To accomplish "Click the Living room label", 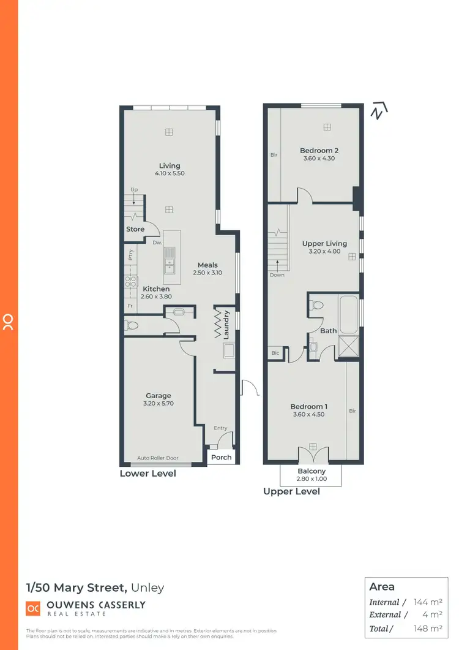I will click(x=170, y=165).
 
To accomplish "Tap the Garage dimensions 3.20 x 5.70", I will click(x=159, y=404).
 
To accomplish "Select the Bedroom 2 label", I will click(x=319, y=150).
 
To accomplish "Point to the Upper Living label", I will click(x=324, y=243).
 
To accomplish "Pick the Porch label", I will click(x=222, y=457).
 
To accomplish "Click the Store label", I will click(x=135, y=229).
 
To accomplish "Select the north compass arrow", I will click(x=380, y=111).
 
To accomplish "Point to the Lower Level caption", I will click(x=147, y=474).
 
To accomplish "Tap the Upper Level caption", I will click(x=291, y=491).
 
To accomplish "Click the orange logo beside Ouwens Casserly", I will click(x=32, y=608).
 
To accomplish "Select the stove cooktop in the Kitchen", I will click(x=130, y=281).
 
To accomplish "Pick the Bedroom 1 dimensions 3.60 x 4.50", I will click(x=308, y=415).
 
